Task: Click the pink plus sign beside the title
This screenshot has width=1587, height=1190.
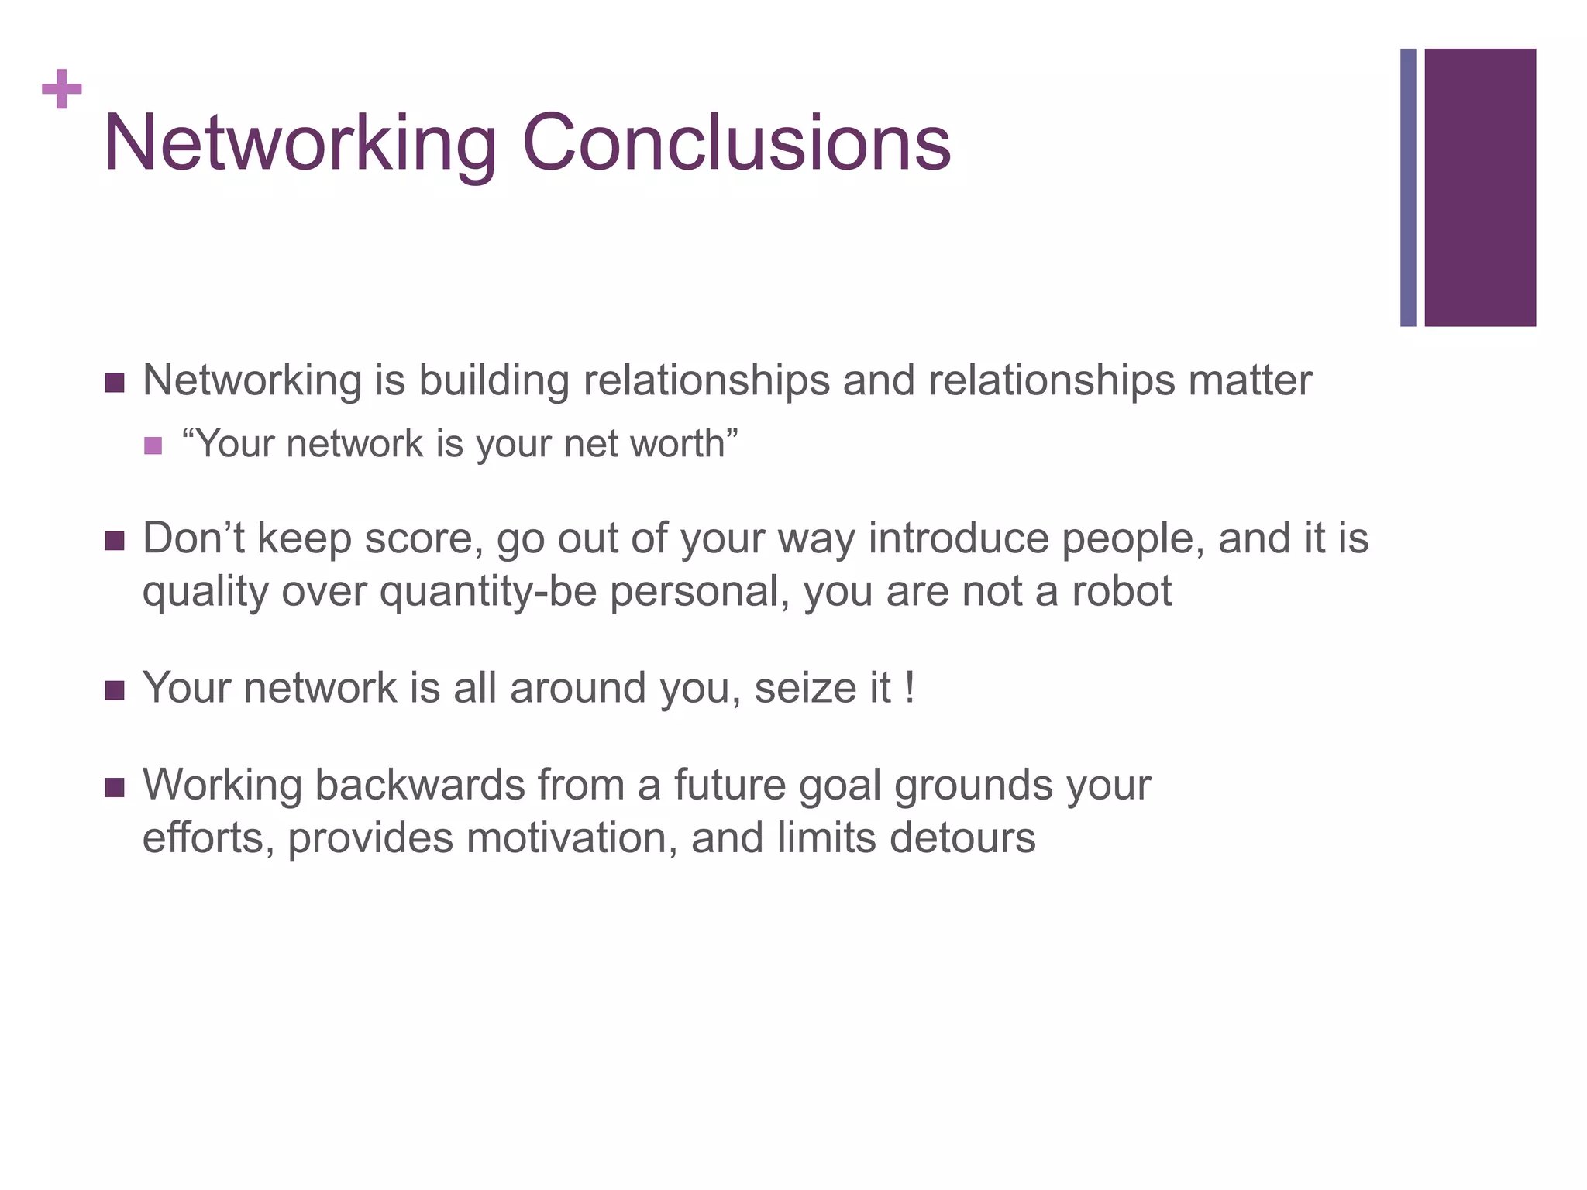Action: [x=62, y=90]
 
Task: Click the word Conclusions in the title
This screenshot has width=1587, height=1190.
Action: [x=736, y=143]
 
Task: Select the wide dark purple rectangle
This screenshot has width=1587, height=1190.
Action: [x=1480, y=187]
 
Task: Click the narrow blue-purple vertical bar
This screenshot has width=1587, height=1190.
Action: [x=1408, y=187]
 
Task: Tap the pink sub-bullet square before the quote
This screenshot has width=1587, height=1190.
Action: [x=153, y=445]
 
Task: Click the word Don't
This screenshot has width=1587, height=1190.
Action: [x=194, y=538]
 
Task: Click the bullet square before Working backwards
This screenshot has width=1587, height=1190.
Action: [x=114, y=789]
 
